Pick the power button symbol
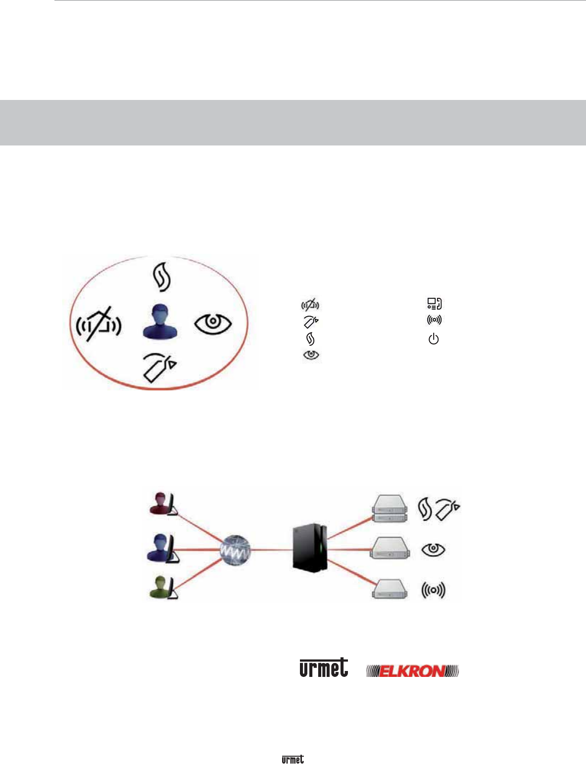pos(434,339)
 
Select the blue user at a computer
pos(163,547)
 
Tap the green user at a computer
pos(163,587)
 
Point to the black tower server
pos(309,548)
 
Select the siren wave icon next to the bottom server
pos(433,589)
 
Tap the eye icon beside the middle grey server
pos(433,549)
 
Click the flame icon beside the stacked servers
pos(425,509)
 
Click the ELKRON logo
pos(412,671)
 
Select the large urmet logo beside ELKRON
pos(324,668)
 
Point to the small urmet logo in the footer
pos(293,759)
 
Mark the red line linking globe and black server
pos(271,549)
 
